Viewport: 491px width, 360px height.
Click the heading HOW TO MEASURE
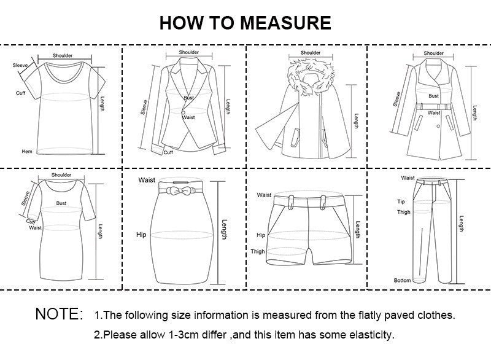(245, 23)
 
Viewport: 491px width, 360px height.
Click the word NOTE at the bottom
(59, 315)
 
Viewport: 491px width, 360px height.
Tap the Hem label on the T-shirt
(27, 151)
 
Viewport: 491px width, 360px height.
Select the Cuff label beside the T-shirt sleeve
(20, 93)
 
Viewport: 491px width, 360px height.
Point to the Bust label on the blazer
(188, 98)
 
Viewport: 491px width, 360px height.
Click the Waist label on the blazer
(188, 117)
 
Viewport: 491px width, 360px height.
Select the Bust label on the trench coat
(434, 96)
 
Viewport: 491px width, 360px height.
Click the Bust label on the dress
(61, 202)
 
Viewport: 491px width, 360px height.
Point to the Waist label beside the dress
(36, 227)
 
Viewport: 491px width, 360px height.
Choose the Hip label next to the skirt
(142, 235)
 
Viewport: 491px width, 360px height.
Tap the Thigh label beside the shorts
(258, 251)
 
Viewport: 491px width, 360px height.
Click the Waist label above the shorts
(265, 195)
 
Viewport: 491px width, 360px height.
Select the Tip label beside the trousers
(401, 202)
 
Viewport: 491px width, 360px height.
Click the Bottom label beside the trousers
(403, 280)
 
